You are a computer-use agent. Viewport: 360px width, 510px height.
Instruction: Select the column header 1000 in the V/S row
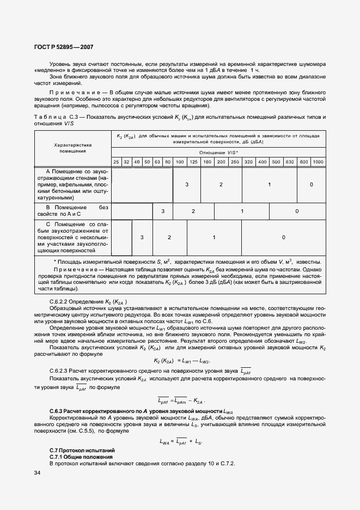(x=318, y=162)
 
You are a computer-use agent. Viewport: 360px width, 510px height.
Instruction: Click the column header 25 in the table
(x=116, y=162)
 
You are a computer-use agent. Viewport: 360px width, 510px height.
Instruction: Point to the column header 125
(x=193, y=162)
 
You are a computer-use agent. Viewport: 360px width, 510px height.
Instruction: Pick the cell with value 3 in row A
(x=186, y=185)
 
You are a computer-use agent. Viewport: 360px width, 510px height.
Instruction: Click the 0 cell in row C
(x=283, y=238)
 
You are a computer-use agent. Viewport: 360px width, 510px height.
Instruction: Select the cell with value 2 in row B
(x=193, y=211)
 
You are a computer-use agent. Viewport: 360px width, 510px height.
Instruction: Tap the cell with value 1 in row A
(x=270, y=185)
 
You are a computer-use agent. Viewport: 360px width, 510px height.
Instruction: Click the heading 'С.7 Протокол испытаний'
(x=82, y=451)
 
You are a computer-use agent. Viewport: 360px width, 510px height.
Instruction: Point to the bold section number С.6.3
(x=56, y=410)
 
